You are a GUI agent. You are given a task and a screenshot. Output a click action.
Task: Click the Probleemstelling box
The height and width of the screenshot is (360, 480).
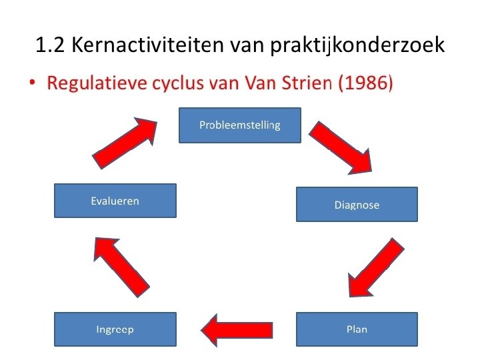click(240, 125)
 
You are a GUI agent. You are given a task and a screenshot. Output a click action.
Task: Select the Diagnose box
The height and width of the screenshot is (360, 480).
click(357, 204)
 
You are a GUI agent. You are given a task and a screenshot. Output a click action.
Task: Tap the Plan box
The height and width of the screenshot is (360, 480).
click(357, 329)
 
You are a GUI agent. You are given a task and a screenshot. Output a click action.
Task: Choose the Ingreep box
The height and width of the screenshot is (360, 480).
click(115, 329)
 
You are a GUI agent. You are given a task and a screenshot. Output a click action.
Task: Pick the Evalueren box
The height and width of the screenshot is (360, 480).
click(115, 201)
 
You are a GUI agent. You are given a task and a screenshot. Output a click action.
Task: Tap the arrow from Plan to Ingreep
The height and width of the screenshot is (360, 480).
click(237, 329)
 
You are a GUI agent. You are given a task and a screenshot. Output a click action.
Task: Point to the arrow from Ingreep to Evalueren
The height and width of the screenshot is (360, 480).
click(120, 263)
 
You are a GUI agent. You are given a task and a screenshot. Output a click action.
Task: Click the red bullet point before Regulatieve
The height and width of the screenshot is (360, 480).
click(33, 85)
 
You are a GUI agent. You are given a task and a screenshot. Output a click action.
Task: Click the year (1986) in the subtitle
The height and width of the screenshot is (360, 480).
click(363, 85)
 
